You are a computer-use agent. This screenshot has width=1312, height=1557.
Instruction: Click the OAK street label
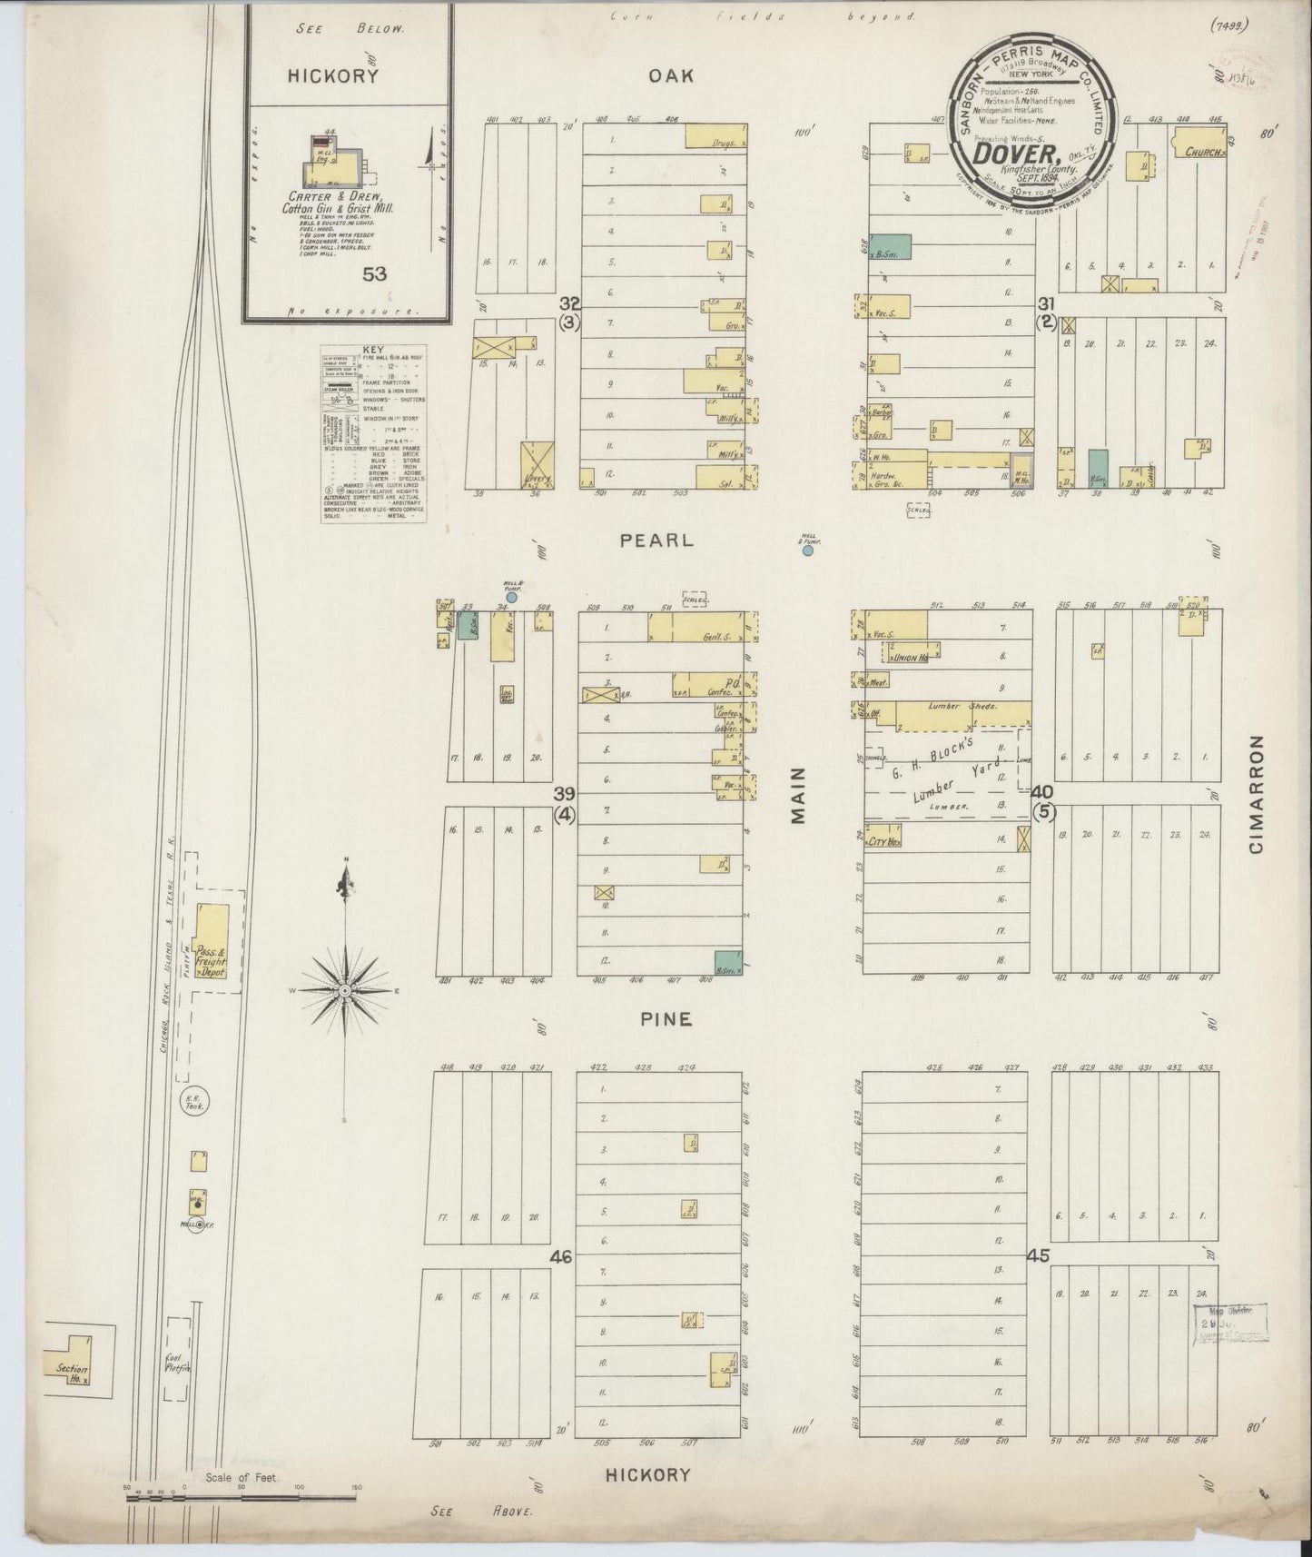pos(672,75)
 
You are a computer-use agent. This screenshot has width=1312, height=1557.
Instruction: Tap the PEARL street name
pos(656,540)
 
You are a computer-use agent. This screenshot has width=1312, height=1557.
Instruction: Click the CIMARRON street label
pos(1257,795)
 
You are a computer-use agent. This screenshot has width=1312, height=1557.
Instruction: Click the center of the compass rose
pos(345,987)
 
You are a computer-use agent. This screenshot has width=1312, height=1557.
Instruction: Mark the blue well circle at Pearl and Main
pos(807,550)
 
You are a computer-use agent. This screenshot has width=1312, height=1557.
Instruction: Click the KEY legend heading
pos(373,349)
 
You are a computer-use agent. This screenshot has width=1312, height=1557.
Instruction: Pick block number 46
pos(561,1257)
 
